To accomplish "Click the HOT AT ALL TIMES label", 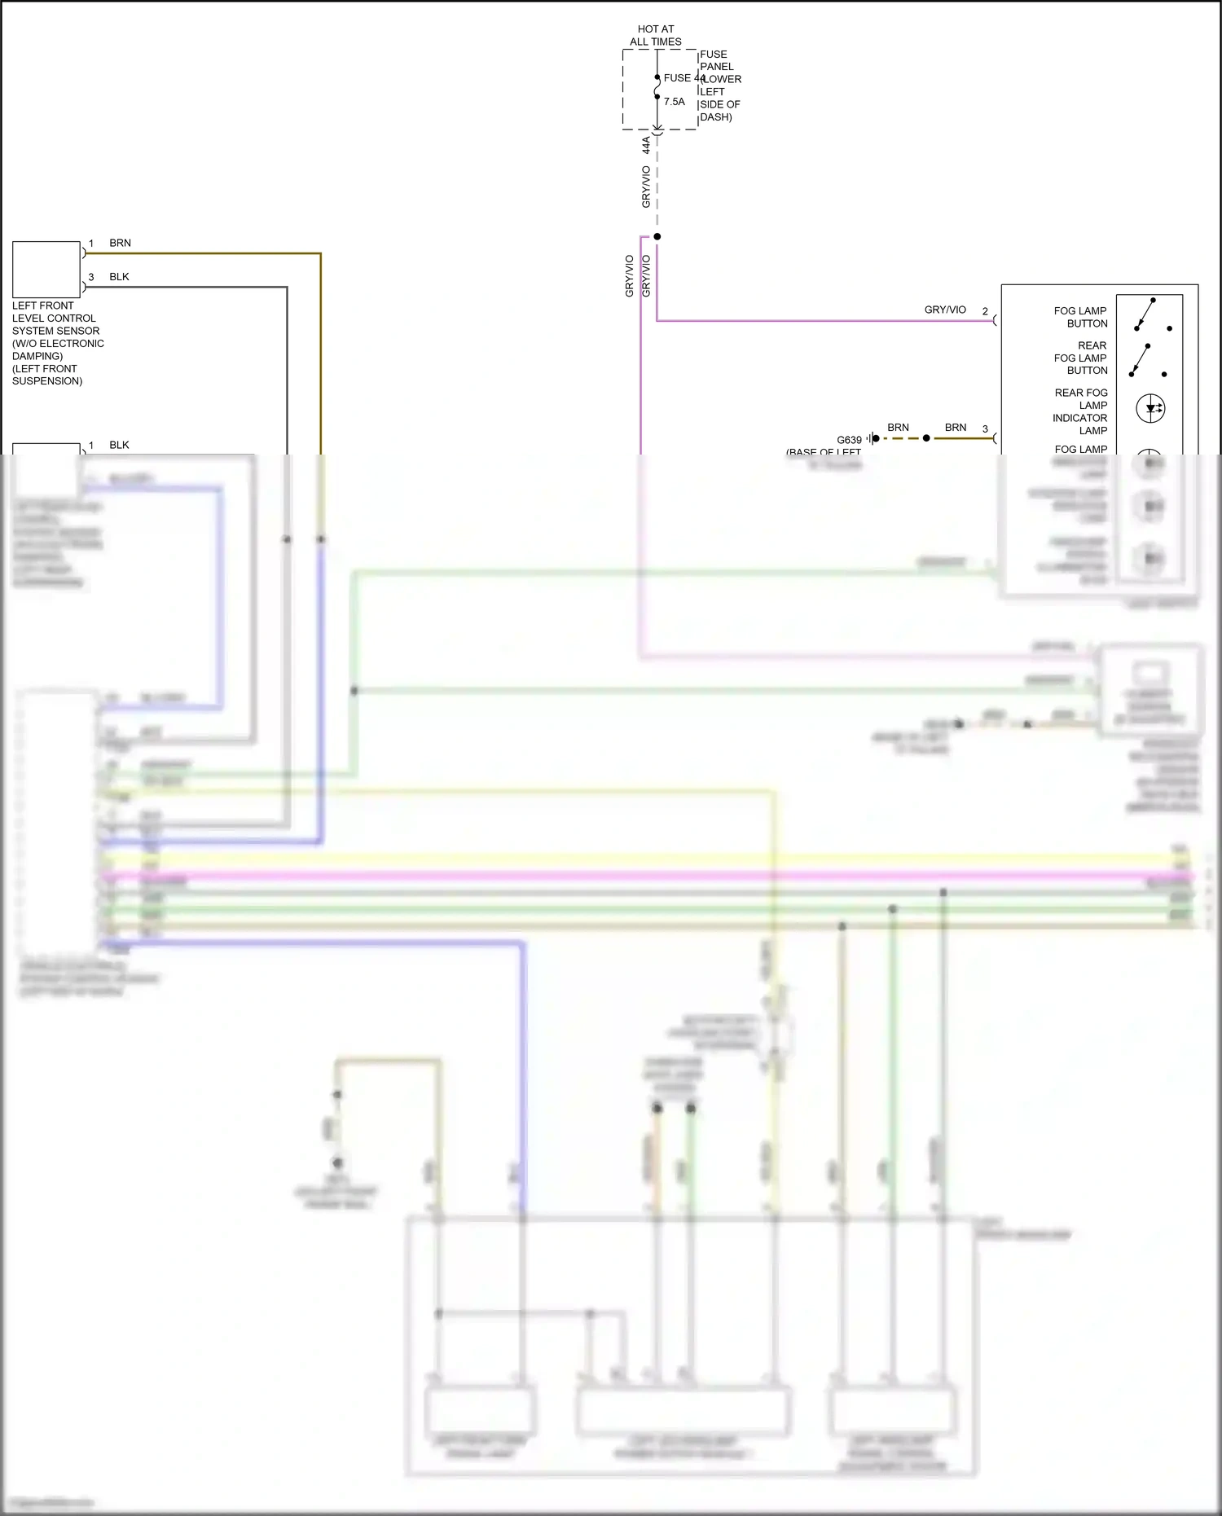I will [x=656, y=35].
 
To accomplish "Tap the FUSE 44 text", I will [x=683, y=78].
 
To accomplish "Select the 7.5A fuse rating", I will [x=675, y=102].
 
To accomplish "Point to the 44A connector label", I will [x=646, y=145].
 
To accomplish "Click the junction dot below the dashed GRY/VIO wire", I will [x=657, y=236].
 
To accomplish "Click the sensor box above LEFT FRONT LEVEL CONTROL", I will [x=46, y=270].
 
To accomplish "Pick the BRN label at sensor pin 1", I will [x=120, y=243].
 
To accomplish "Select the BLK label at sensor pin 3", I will [x=119, y=277].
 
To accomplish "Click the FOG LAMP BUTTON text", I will [x=1080, y=317].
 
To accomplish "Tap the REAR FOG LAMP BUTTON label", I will [x=1081, y=358].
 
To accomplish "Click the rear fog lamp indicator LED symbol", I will [x=1150, y=408].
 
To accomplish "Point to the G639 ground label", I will [x=849, y=440].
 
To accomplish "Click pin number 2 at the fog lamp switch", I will [x=985, y=311].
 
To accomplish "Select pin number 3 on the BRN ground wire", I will [x=985, y=428].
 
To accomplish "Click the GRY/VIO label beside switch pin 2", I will [x=945, y=310].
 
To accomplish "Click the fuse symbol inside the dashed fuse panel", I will [x=657, y=87].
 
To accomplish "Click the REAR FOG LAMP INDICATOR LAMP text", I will [x=1080, y=411].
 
